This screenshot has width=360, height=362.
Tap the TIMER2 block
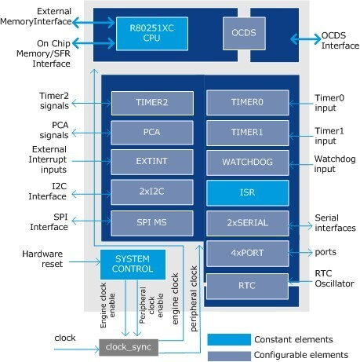(151, 102)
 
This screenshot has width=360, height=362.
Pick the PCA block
(151, 131)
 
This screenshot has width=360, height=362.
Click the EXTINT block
(151, 161)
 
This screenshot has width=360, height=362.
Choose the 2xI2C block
(151, 191)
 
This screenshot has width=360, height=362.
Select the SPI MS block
(151, 221)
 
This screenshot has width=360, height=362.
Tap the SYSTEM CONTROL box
(133, 264)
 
